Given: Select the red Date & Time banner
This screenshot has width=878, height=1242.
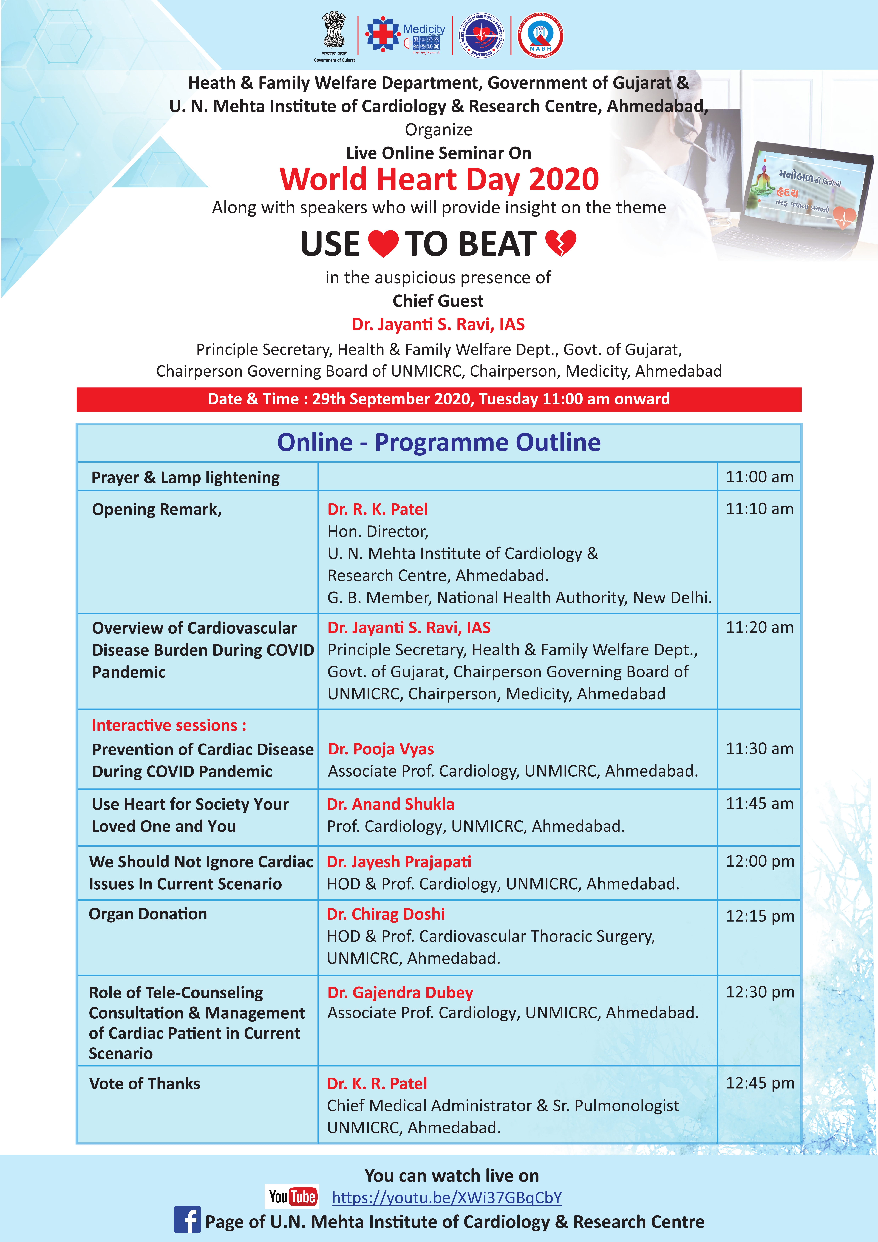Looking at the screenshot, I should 439,399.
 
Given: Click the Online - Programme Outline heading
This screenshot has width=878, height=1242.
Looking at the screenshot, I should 439,443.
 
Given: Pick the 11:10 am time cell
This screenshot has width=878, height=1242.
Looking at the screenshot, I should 759,509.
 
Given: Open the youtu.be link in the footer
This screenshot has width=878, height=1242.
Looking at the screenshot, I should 447,1198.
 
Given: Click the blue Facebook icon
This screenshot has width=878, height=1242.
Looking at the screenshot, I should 187,1220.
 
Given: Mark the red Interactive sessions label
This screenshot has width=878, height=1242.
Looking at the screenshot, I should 169,725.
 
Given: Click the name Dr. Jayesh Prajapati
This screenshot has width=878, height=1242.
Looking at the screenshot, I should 399,862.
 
